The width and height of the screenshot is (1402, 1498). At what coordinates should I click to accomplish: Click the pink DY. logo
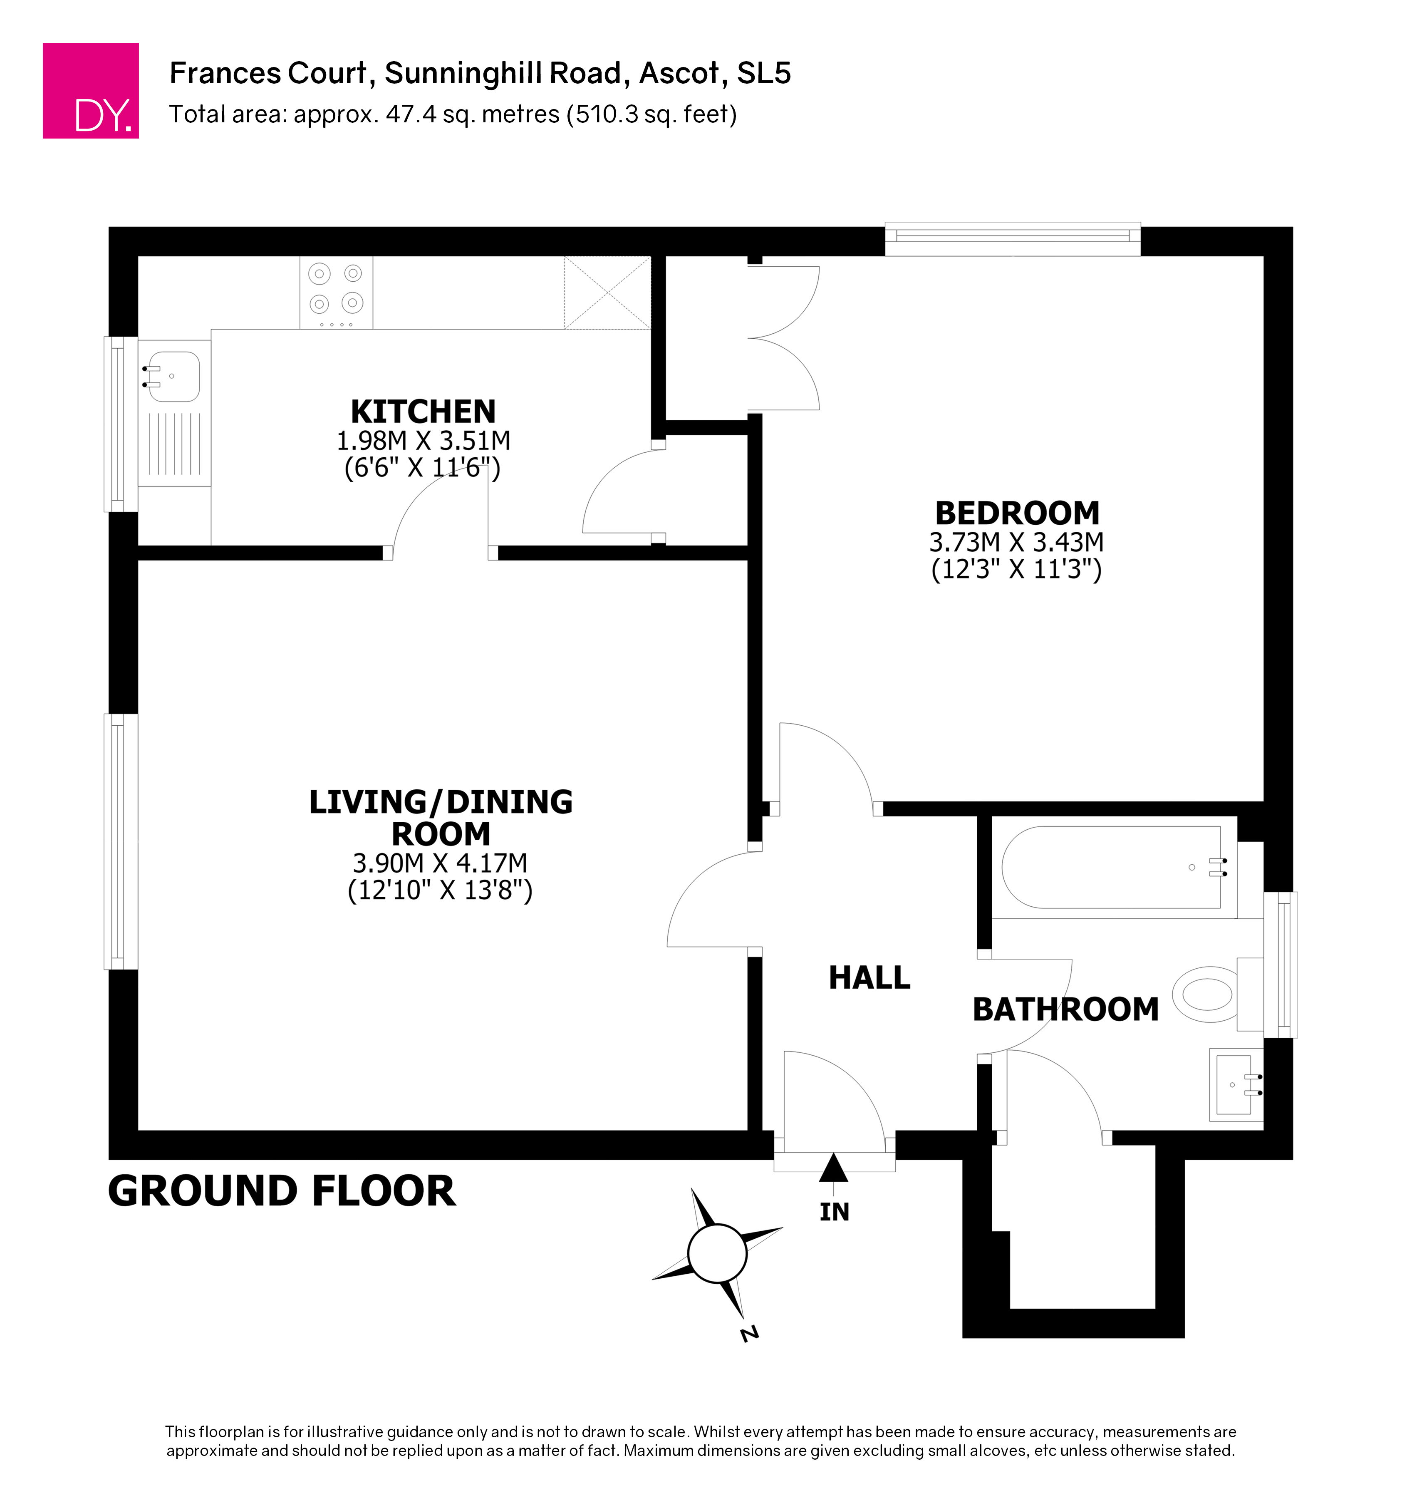pyautogui.click(x=90, y=90)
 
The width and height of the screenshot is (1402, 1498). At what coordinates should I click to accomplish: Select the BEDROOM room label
pyautogui.click(x=1017, y=513)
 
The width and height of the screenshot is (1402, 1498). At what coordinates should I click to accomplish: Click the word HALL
pyautogui.click(x=869, y=978)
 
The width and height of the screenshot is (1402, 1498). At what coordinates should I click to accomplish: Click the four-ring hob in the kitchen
pyautogui.click(x=336, y=293)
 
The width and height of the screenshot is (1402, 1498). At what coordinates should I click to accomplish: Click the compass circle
pyautogui.click(x=717, y=1253)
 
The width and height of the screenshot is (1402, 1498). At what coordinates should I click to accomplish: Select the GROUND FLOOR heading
pyautogui.click(x=282, y=1191)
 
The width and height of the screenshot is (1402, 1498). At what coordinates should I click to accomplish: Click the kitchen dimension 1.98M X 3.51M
pyautogui.click(x=424, y=441)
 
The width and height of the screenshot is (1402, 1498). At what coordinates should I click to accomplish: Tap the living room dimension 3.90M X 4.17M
pyautogui.click(x=440, y=863)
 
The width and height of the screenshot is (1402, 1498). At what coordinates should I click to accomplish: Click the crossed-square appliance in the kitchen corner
pyautogui.click(x=607, y=293)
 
